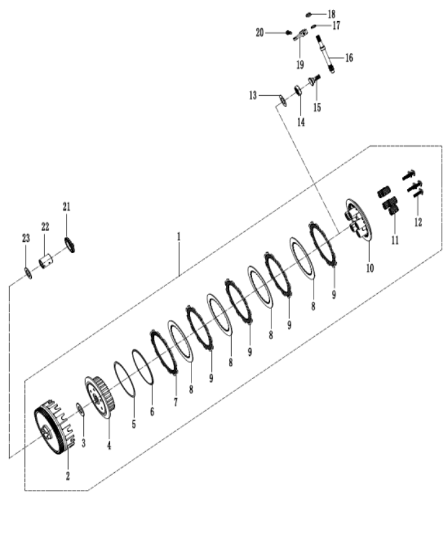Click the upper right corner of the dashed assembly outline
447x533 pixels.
pos(442,146)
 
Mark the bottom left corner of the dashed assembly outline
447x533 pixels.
pos(25,491)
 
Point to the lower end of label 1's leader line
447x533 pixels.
pos(179,276)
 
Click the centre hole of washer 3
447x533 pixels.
pos(80,409)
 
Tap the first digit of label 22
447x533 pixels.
pos(44,227)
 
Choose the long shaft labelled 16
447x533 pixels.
pos(326,53)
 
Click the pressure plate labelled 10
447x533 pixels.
pos(359,220)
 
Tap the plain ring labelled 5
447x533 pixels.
pos(125,378)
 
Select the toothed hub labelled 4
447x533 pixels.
pos(100,397)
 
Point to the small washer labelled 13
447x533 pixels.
pos(283,100)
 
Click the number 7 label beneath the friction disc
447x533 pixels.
pos(176,402)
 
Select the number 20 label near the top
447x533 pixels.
pos(259,33)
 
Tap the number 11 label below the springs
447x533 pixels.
pos(395,240)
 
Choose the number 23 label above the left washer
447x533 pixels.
pos(26,238)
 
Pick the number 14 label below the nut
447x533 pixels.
pos(301,122)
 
